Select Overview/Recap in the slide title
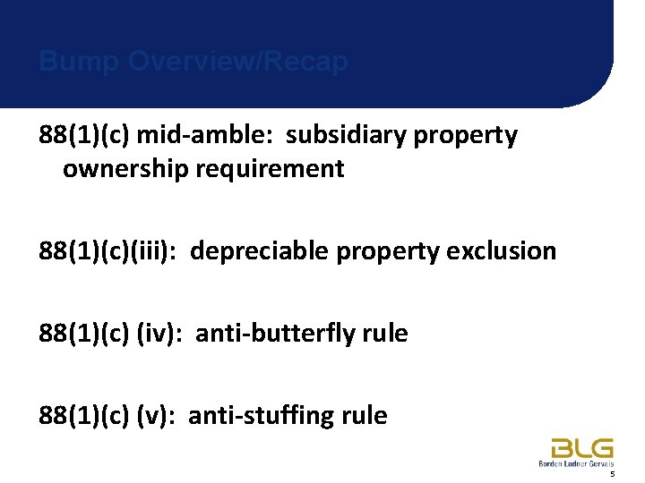click(x=238, y=62)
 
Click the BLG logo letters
click(x=582, y=447)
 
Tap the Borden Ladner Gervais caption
click(x=576, y=463)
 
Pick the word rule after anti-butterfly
click(x=388, y=334)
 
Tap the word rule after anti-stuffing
click(x=367, y=416)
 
